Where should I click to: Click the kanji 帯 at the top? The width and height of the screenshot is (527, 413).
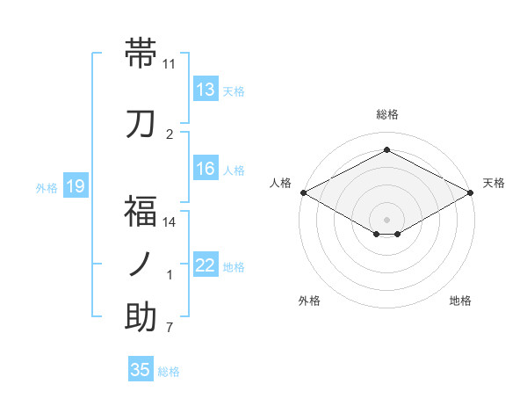click(x=141, y=54)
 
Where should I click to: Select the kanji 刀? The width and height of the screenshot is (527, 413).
click(x=141, y=123)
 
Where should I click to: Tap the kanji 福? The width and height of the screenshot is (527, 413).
click(x=141, y=211)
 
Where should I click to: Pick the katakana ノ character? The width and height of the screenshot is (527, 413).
click(x=141, y=264)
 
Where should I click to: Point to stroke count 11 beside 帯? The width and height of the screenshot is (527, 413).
click(x=170, y=64)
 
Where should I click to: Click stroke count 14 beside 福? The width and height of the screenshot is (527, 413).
click(x=170, y=221)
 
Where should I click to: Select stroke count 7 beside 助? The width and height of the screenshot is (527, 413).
click(x=170, y=329)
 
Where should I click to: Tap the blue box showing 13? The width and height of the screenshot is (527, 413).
click(x=206, y=90)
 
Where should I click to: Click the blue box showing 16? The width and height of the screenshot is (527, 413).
click(x=206, y=170)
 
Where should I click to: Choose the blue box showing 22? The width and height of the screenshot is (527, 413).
click(x=206, y=266)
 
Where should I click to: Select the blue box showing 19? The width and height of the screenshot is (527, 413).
click(x=75, y=186)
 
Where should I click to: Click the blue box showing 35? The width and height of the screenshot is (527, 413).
click(x=141, y=370)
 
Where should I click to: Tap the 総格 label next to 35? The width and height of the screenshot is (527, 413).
click(x=169, y=372)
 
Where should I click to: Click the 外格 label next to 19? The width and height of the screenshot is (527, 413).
click(x=46, y=187)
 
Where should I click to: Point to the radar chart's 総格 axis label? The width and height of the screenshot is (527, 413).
click(x=386, y=114)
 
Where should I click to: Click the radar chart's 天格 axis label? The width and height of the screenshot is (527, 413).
click(x=494, y=183)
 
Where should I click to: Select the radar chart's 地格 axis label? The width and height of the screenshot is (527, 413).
click(x=460, y=301)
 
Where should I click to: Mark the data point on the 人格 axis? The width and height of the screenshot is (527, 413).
click(x=303, y=192)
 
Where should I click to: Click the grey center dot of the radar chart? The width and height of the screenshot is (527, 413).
click(x=386, y=218)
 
